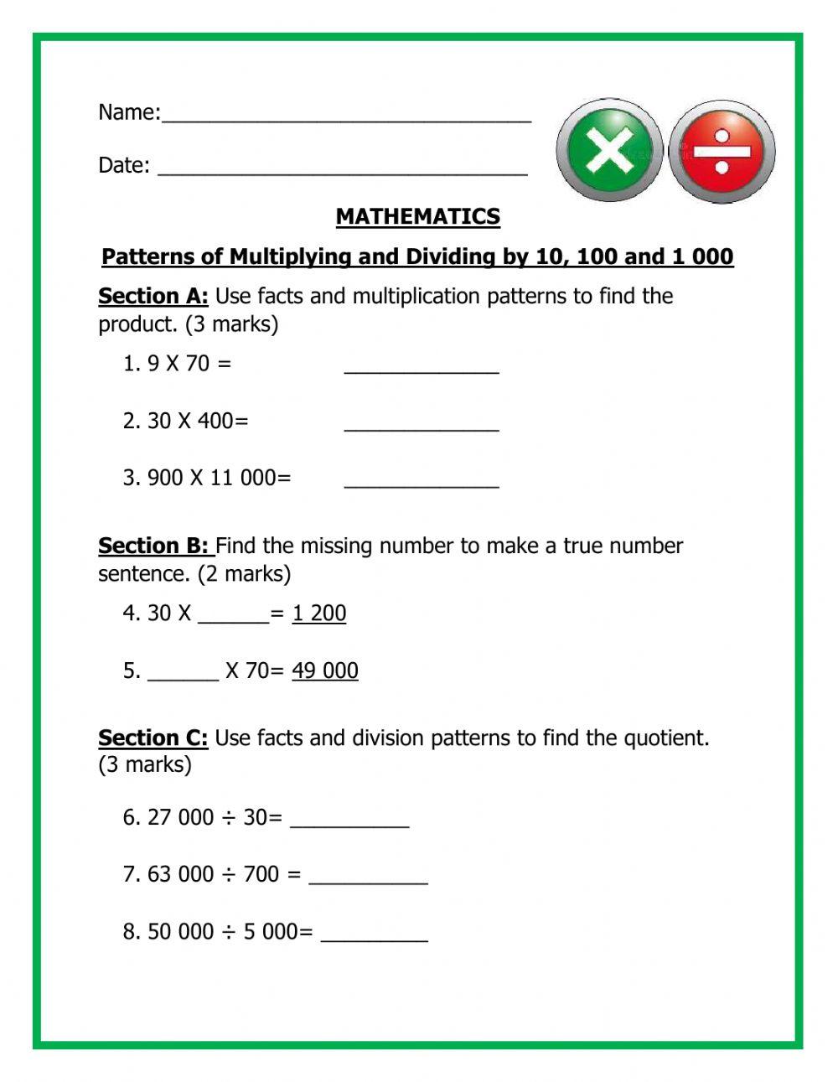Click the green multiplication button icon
coord(609,152)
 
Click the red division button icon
coord(722,152)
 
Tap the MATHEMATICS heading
coord(417,216)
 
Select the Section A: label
coord(153,296)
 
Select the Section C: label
coord(153,738)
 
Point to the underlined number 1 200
coord(318,613)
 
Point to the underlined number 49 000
coord(324,670)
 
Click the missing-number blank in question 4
coord(232,617)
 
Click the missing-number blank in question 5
coord(183,675)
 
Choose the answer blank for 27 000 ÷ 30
coord(349,821)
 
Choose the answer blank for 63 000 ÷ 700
coord(368,878)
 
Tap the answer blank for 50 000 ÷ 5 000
coord(374,936)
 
